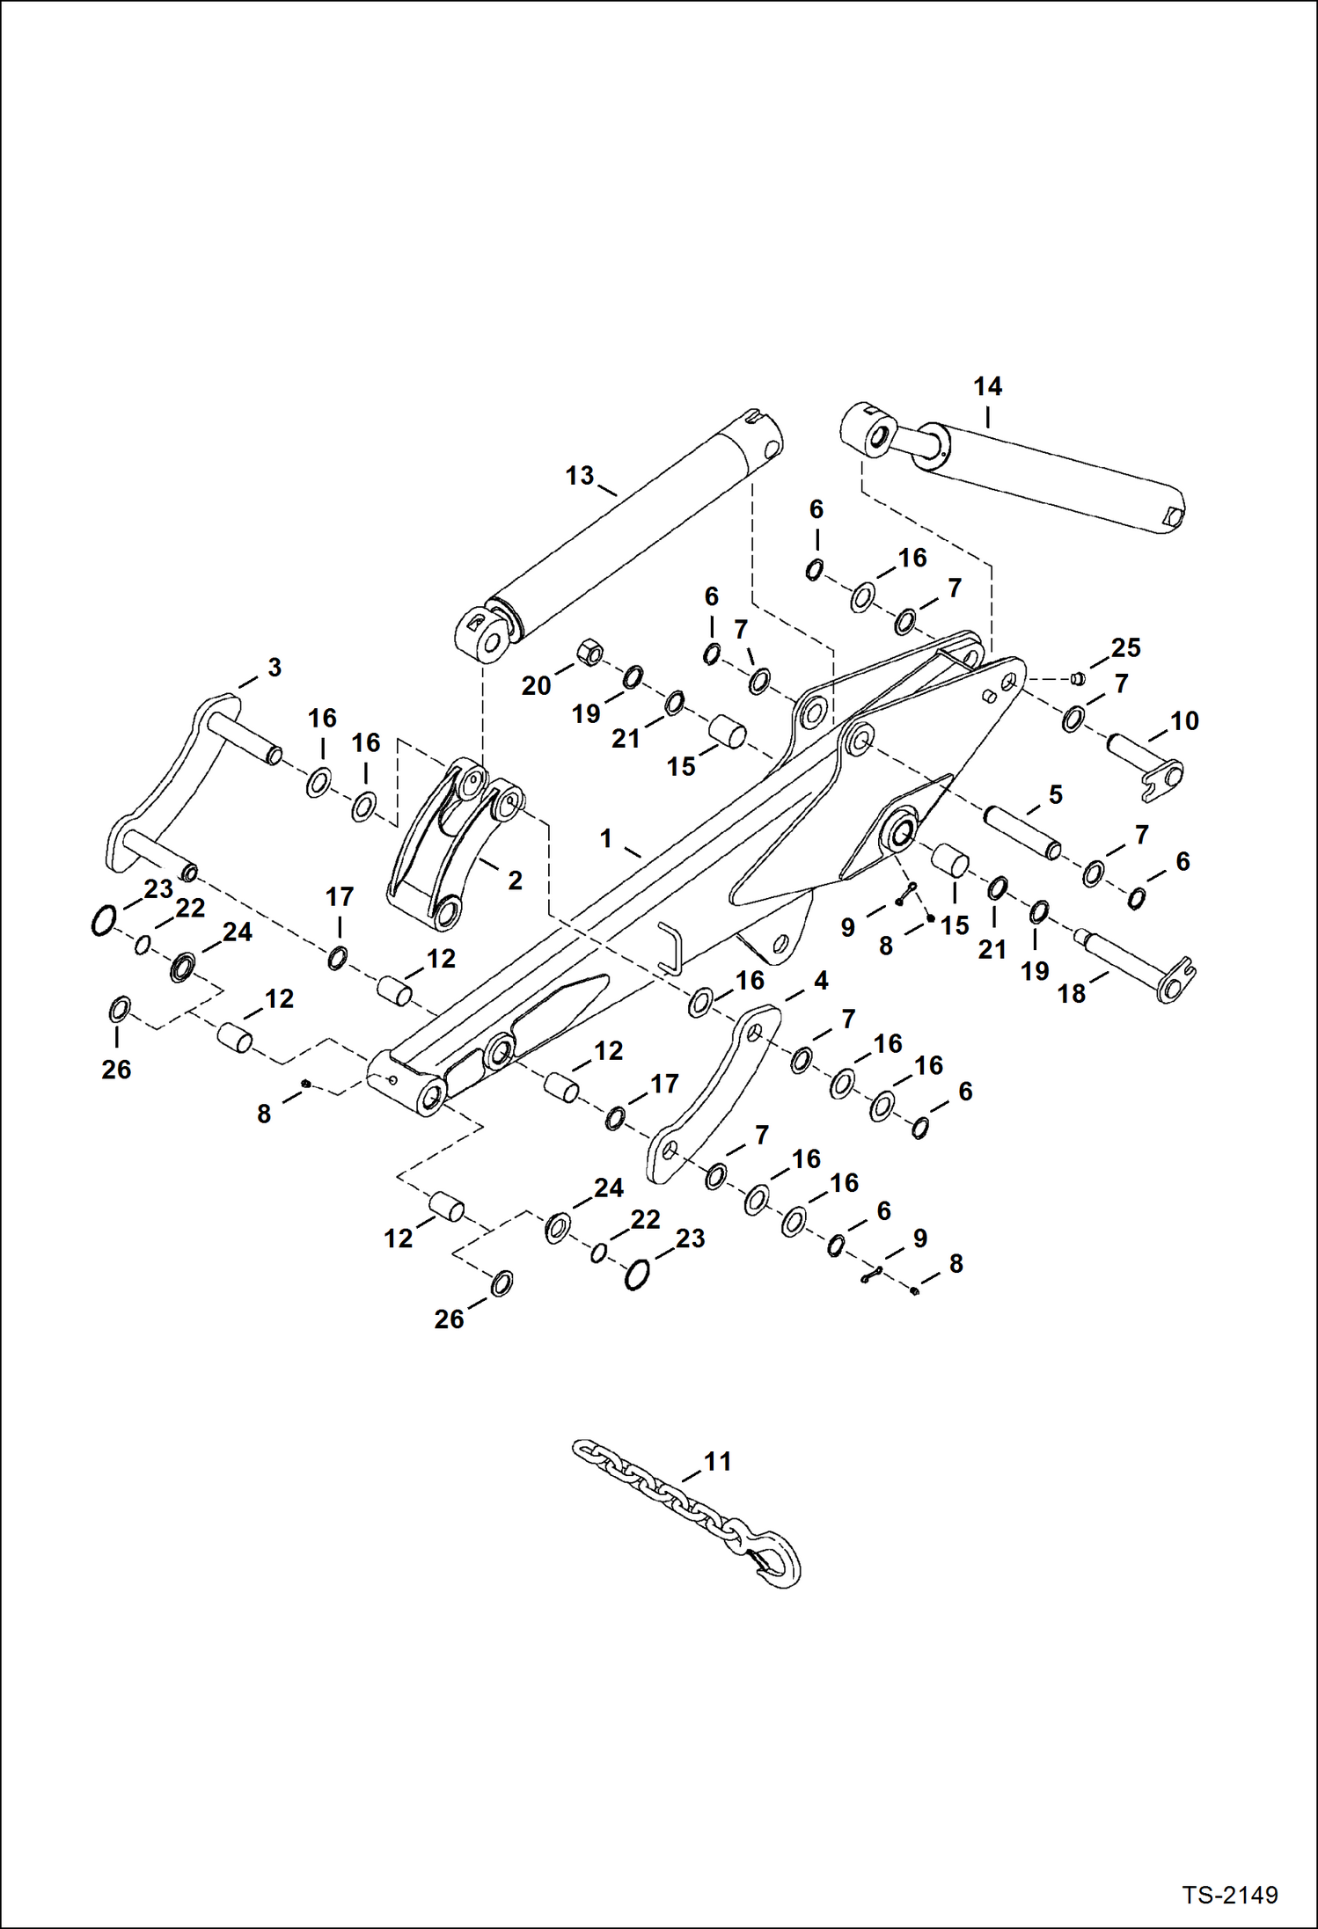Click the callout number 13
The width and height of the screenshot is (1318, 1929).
pyautogui.click(x=579, y=476)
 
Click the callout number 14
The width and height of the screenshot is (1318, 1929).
pyautogui.click(x=987, y=386)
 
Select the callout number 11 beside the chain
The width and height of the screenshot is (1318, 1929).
pyautogui.click(x=718, y=1462)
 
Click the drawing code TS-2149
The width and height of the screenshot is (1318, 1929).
pyautogui.click(x=1229, y=1895)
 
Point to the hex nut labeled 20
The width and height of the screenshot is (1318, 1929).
pyautogui.click(x=589, y=654)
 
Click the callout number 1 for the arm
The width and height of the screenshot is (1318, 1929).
pyautogui.click(x=605, y=838)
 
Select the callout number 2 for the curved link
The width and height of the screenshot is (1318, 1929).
pyautogui.click(x=515, y=880)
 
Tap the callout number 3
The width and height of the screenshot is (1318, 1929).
pyautogui.click(x=275, y=667)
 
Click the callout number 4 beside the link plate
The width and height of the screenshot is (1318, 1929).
pyautogui.click(x=820, y=981)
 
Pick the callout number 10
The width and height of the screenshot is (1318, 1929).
pyautogui.click(x=1183, y=721)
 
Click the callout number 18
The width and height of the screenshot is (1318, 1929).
pyautogui.click(x=1071, y=994)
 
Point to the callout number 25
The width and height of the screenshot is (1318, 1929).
pyautogui.click(x=1125, y=648)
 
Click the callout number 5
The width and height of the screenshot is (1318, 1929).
pyautogui.click(x=1056, y=794)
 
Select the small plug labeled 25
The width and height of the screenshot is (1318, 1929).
pyautogui.click(x=1076, y=677)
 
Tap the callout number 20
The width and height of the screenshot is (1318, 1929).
pyautogui.click(x=536, y=685)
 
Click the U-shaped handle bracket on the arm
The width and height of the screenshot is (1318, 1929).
pyautogui.click(x=671, y=948)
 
